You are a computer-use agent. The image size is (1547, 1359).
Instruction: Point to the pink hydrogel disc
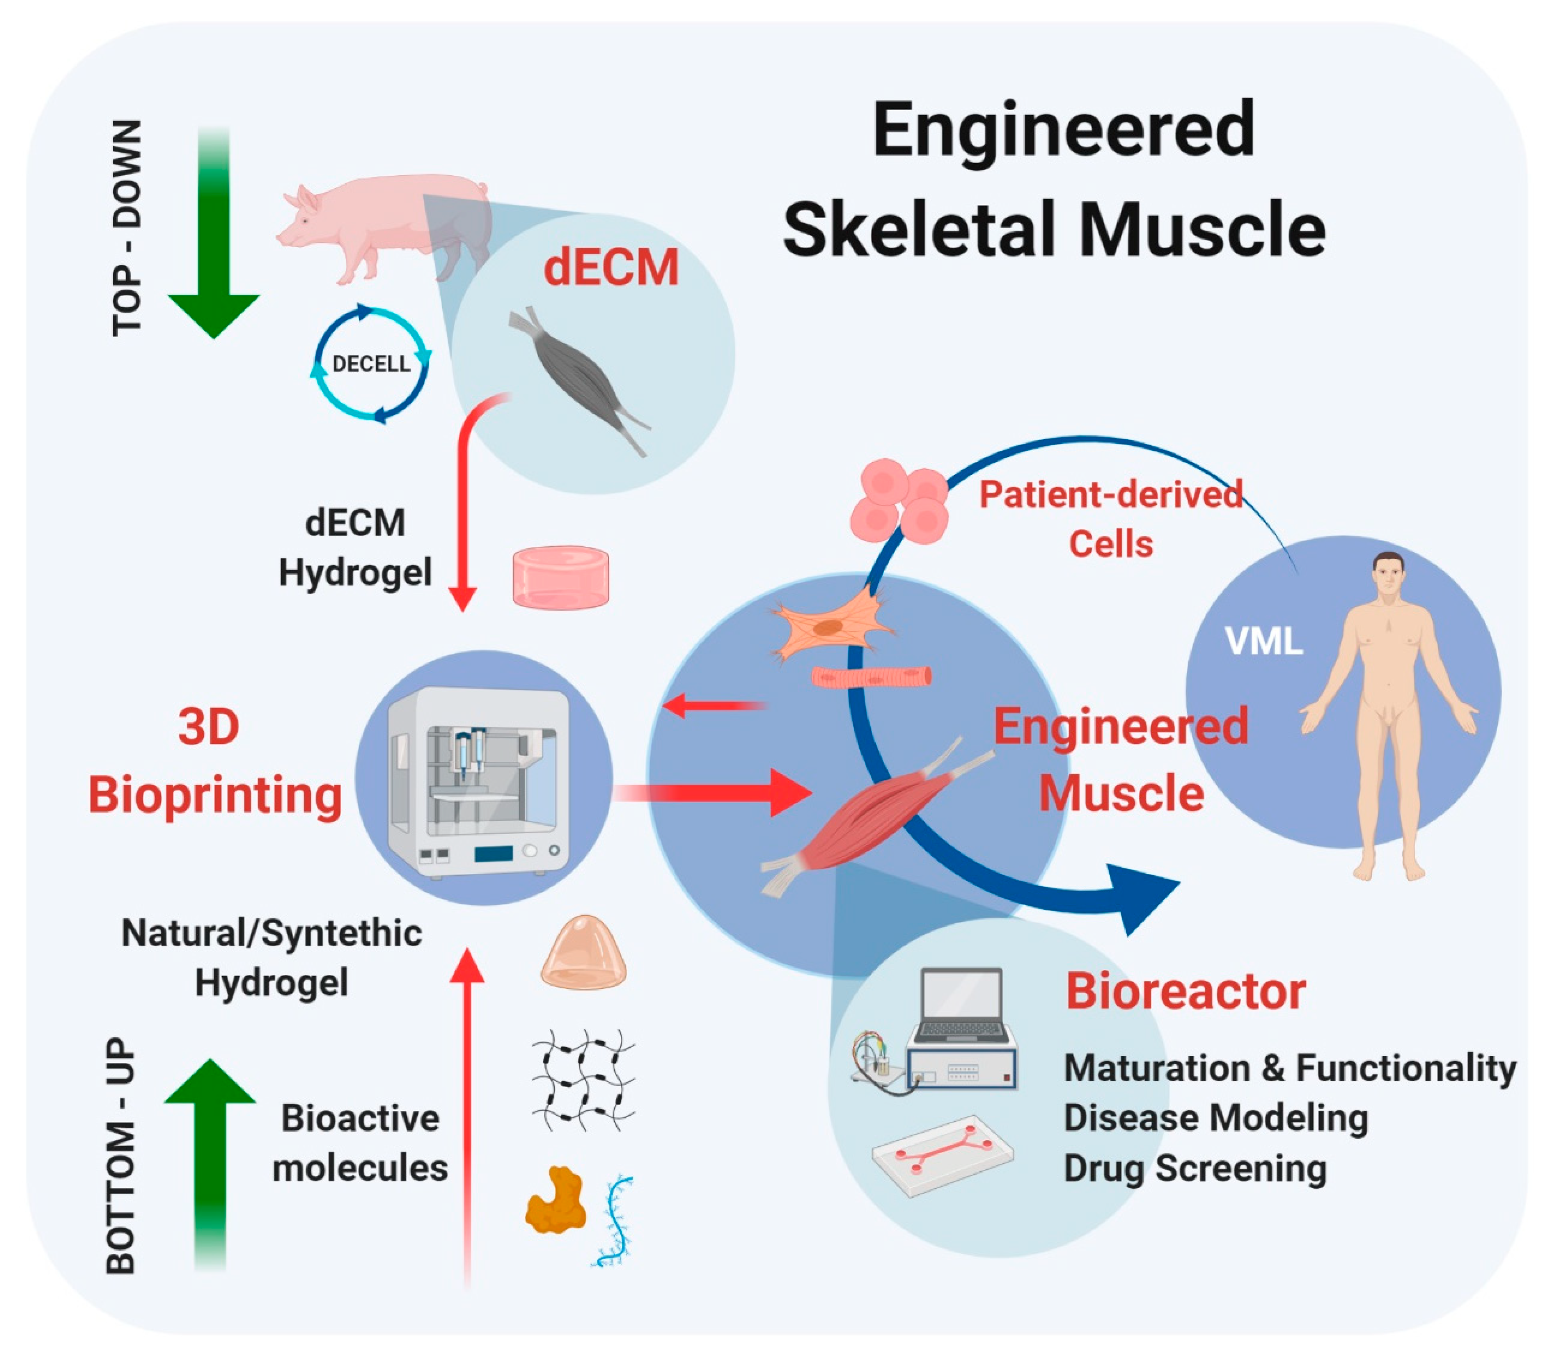[x=561, y=577]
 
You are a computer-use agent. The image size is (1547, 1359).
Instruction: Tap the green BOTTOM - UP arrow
[x=210, y=1158]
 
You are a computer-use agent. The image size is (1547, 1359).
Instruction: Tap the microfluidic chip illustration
[x=942, y=1154]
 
